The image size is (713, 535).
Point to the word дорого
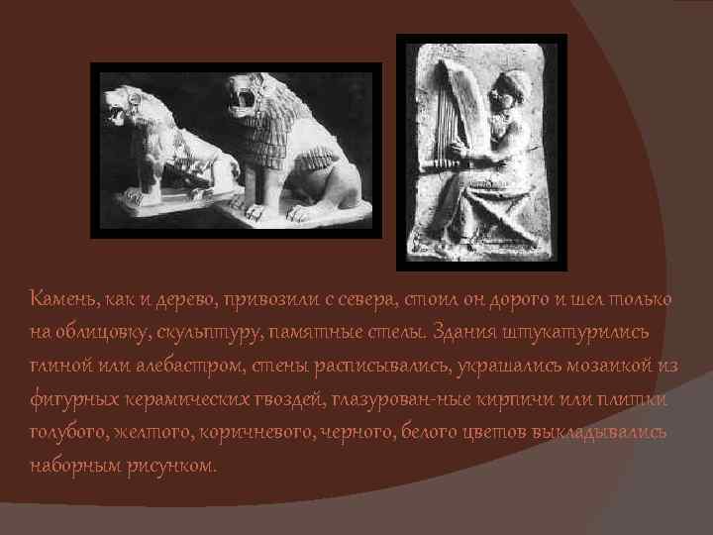click(x=490, y=299)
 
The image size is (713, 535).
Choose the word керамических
click(x=169, y=399)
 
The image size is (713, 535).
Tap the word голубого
click(x=69, y=433)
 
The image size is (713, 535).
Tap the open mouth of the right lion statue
click(x=240, y=99)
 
